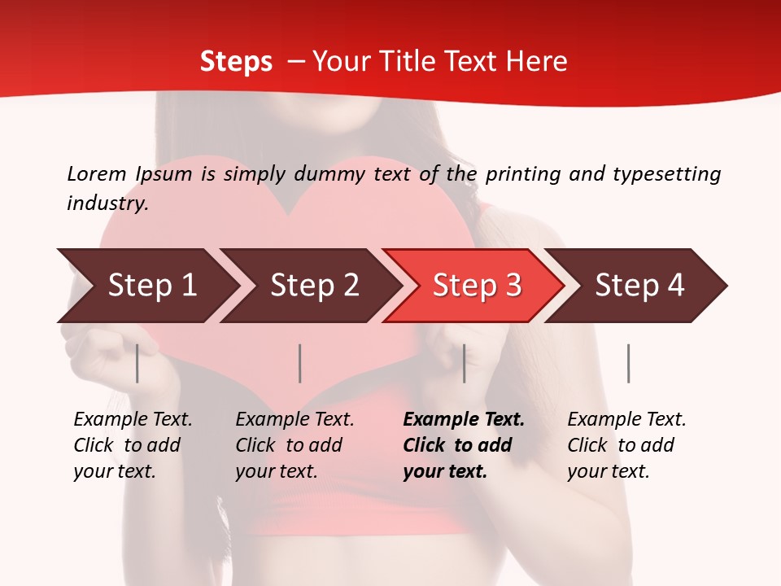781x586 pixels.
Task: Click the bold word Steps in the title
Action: [x=236, y=62]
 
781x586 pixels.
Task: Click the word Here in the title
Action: [x=536, y=62]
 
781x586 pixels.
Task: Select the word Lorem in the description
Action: [x=97, y=173]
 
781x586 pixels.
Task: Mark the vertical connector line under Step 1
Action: [x=137, y=363]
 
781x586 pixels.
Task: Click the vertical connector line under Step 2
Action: [x=300, y=363]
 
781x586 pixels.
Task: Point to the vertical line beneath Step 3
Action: [x=464, y=363]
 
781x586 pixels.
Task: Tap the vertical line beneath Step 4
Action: [x=628, y=363]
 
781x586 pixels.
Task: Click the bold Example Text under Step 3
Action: [x=464, y=420]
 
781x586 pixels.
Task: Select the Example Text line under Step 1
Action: [x=133, y=420]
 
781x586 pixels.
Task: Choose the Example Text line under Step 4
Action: [x=626, y=420]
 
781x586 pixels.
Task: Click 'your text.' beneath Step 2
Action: [x=276, y=471]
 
